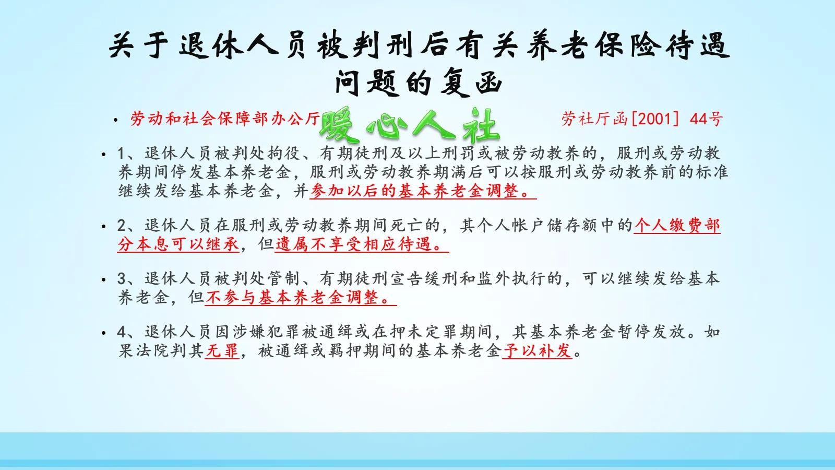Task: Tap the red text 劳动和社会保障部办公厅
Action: click(225, 119)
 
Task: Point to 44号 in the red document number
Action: click(706, 119)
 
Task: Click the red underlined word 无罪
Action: click(222, 351)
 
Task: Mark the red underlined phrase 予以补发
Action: click(537, 351)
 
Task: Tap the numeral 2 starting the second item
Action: click(122, 226)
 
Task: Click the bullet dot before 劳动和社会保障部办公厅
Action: click(115, 120)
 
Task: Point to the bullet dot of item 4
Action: click(104, 333)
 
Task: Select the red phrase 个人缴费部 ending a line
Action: click(677, 225)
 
